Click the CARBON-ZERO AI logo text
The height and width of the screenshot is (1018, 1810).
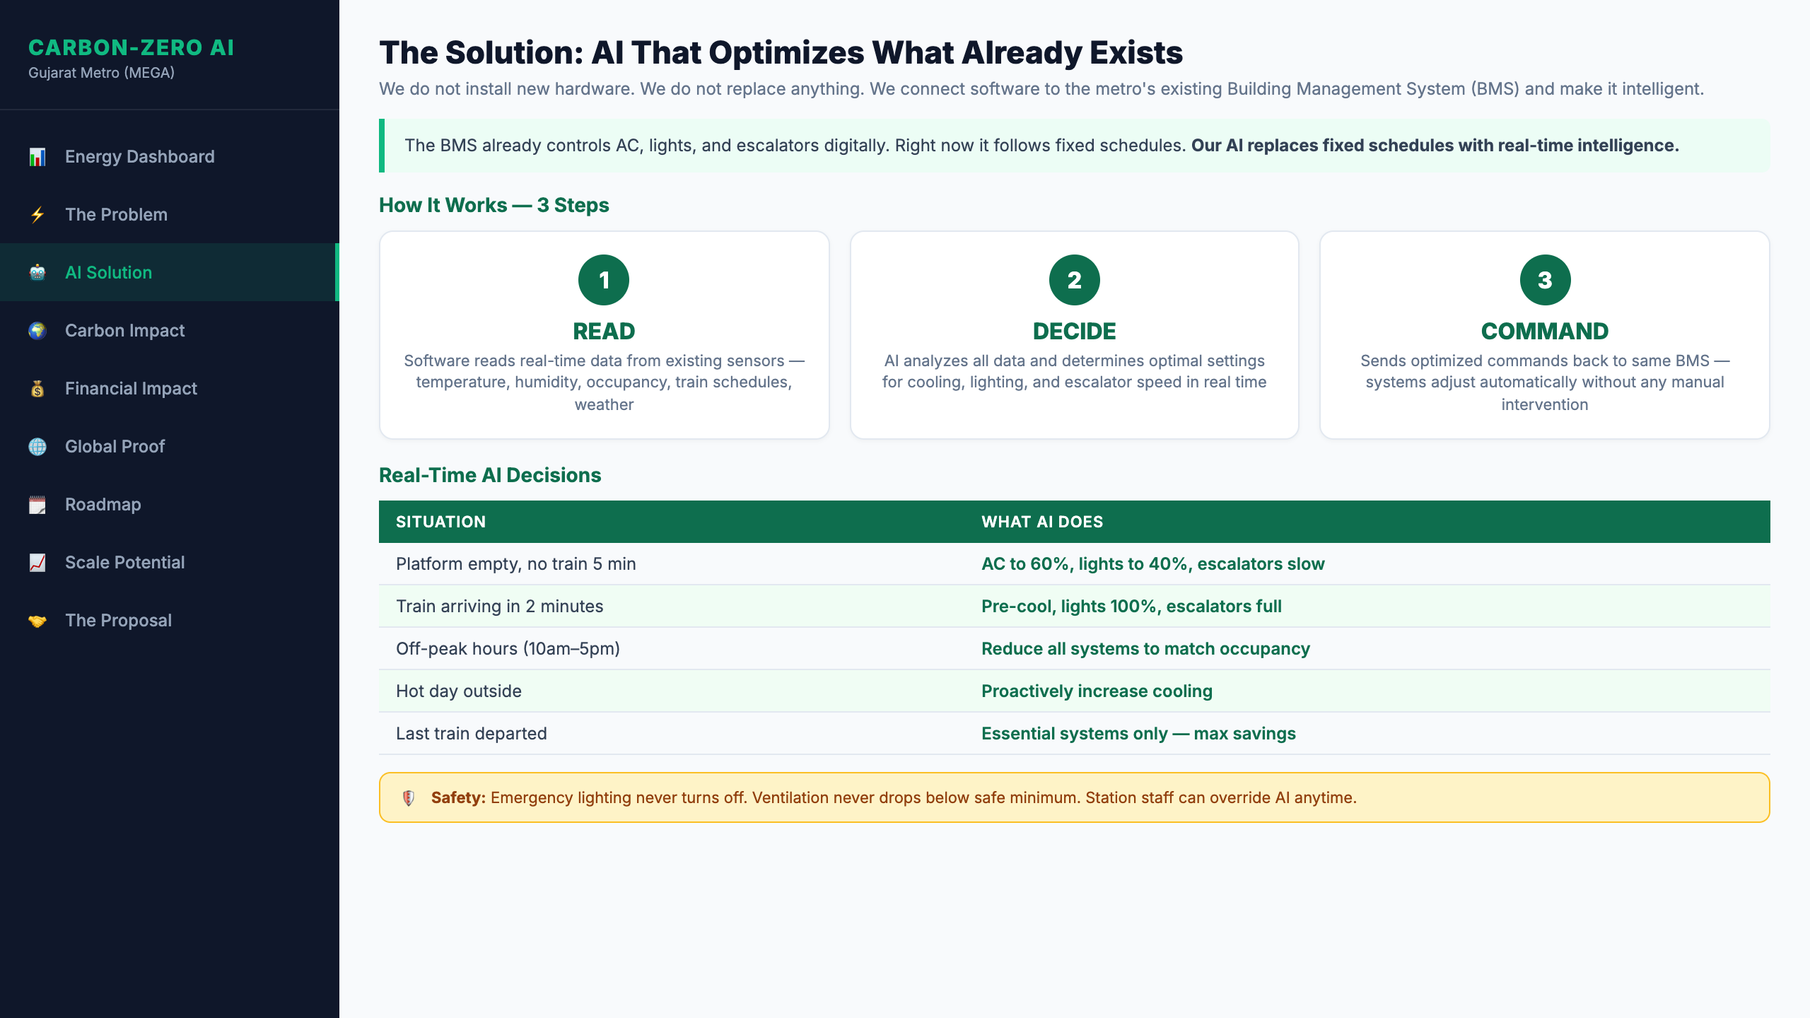(131, 47)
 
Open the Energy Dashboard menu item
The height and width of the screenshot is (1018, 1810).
(139, 156)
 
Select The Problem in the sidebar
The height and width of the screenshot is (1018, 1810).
(116, 214)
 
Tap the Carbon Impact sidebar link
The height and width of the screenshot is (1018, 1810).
(124, 330)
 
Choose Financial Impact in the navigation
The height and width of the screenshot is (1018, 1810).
(131, 388)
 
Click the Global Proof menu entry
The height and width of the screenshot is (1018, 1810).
(115, 446)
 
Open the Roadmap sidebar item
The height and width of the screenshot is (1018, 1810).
(103, 504)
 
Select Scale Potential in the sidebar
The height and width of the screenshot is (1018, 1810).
(124, 562)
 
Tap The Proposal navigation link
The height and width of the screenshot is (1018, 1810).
(118, 620)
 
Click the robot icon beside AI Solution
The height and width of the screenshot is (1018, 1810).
(37, 272)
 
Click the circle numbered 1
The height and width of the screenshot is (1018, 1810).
(604, 280)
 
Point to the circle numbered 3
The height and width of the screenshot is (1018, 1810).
(1545, 280)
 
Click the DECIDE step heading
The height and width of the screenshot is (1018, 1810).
(1074, 331)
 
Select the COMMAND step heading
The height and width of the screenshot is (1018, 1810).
(1545, 331)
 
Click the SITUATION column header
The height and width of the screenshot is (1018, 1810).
(440, 522)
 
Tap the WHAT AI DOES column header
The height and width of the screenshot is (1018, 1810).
(1042, 522)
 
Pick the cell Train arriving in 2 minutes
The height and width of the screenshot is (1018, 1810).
(499, 606)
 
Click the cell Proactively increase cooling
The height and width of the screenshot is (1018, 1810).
(1097, 691)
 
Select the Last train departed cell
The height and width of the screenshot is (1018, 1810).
(471, 733)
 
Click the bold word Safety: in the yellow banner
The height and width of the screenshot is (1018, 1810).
(458, 797)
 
